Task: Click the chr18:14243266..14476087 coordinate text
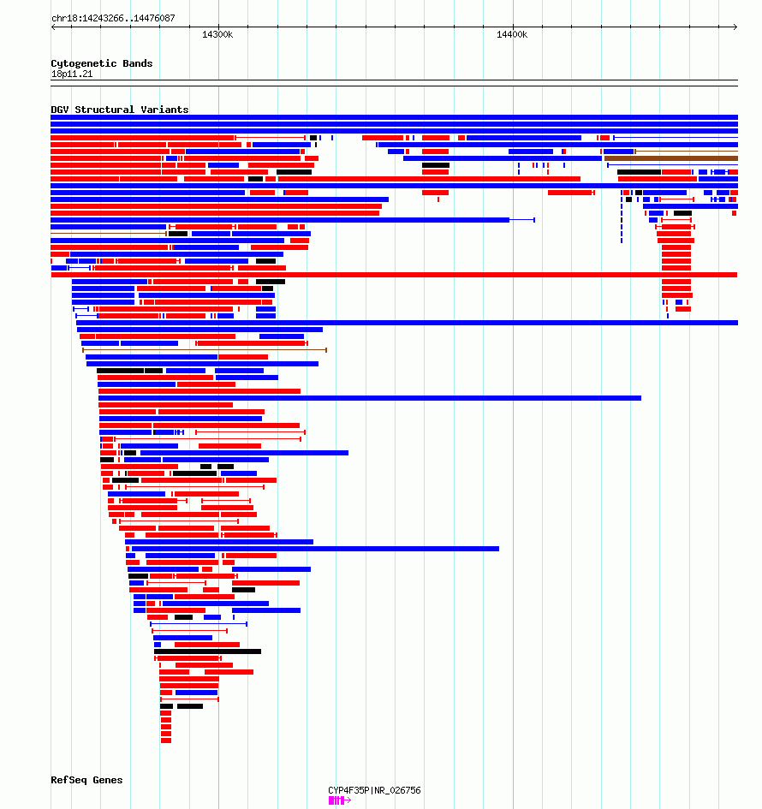coord(114,18)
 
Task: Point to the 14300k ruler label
coord(217,34)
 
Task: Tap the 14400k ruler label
coord(512,34)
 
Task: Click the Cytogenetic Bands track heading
coord(102,63)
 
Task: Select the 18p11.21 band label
coord(72,74)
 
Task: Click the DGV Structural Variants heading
coord(120,110)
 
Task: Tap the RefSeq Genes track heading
coord(86,780)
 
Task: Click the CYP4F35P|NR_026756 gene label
coord(374,790)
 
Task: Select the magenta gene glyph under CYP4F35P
coord(339,800)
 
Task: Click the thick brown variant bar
coord(670,158)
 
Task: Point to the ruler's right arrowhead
coord(735,27)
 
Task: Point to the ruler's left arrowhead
coord(53,27)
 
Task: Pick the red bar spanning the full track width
coord(394,275)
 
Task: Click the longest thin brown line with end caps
coord(205,350)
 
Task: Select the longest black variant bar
coord(207,651)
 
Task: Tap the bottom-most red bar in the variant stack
coord(165,741)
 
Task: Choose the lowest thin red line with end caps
coord(189,699)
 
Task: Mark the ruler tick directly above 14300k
coord(218,27)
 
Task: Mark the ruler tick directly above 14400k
coord(513,27)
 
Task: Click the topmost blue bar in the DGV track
coord(394,117)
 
